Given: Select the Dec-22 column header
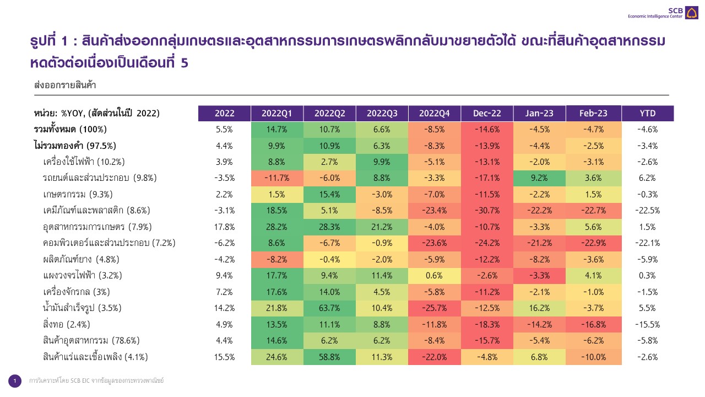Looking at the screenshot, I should click(x=487, y=113).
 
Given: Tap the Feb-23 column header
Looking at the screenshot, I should click(x=593, y=113).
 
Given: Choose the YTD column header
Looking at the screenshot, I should click(x=647, y=113).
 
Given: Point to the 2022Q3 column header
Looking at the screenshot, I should click(x=382, y=113).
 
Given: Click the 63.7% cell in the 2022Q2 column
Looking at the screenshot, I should click(x=329, y=308).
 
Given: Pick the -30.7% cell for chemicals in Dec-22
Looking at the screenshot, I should click(x=487, y=210).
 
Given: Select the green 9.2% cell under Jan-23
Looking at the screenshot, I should click(x=540, y=178).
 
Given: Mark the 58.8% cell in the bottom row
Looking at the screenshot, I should click(x=329, y=357).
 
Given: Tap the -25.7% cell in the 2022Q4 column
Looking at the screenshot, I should click(x=434, y=308).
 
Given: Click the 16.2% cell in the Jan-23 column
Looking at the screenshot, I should click(x=540, y=308).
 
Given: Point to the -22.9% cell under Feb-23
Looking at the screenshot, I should click(x=593, y=243).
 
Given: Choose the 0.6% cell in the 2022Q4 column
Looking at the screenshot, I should click(x=434, y=275).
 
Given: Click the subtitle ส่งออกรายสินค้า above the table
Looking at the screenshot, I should click(x=65, y=85).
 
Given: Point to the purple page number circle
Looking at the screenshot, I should click(x=15, y=380).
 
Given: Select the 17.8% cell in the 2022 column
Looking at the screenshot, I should click(x=224, y=227).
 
